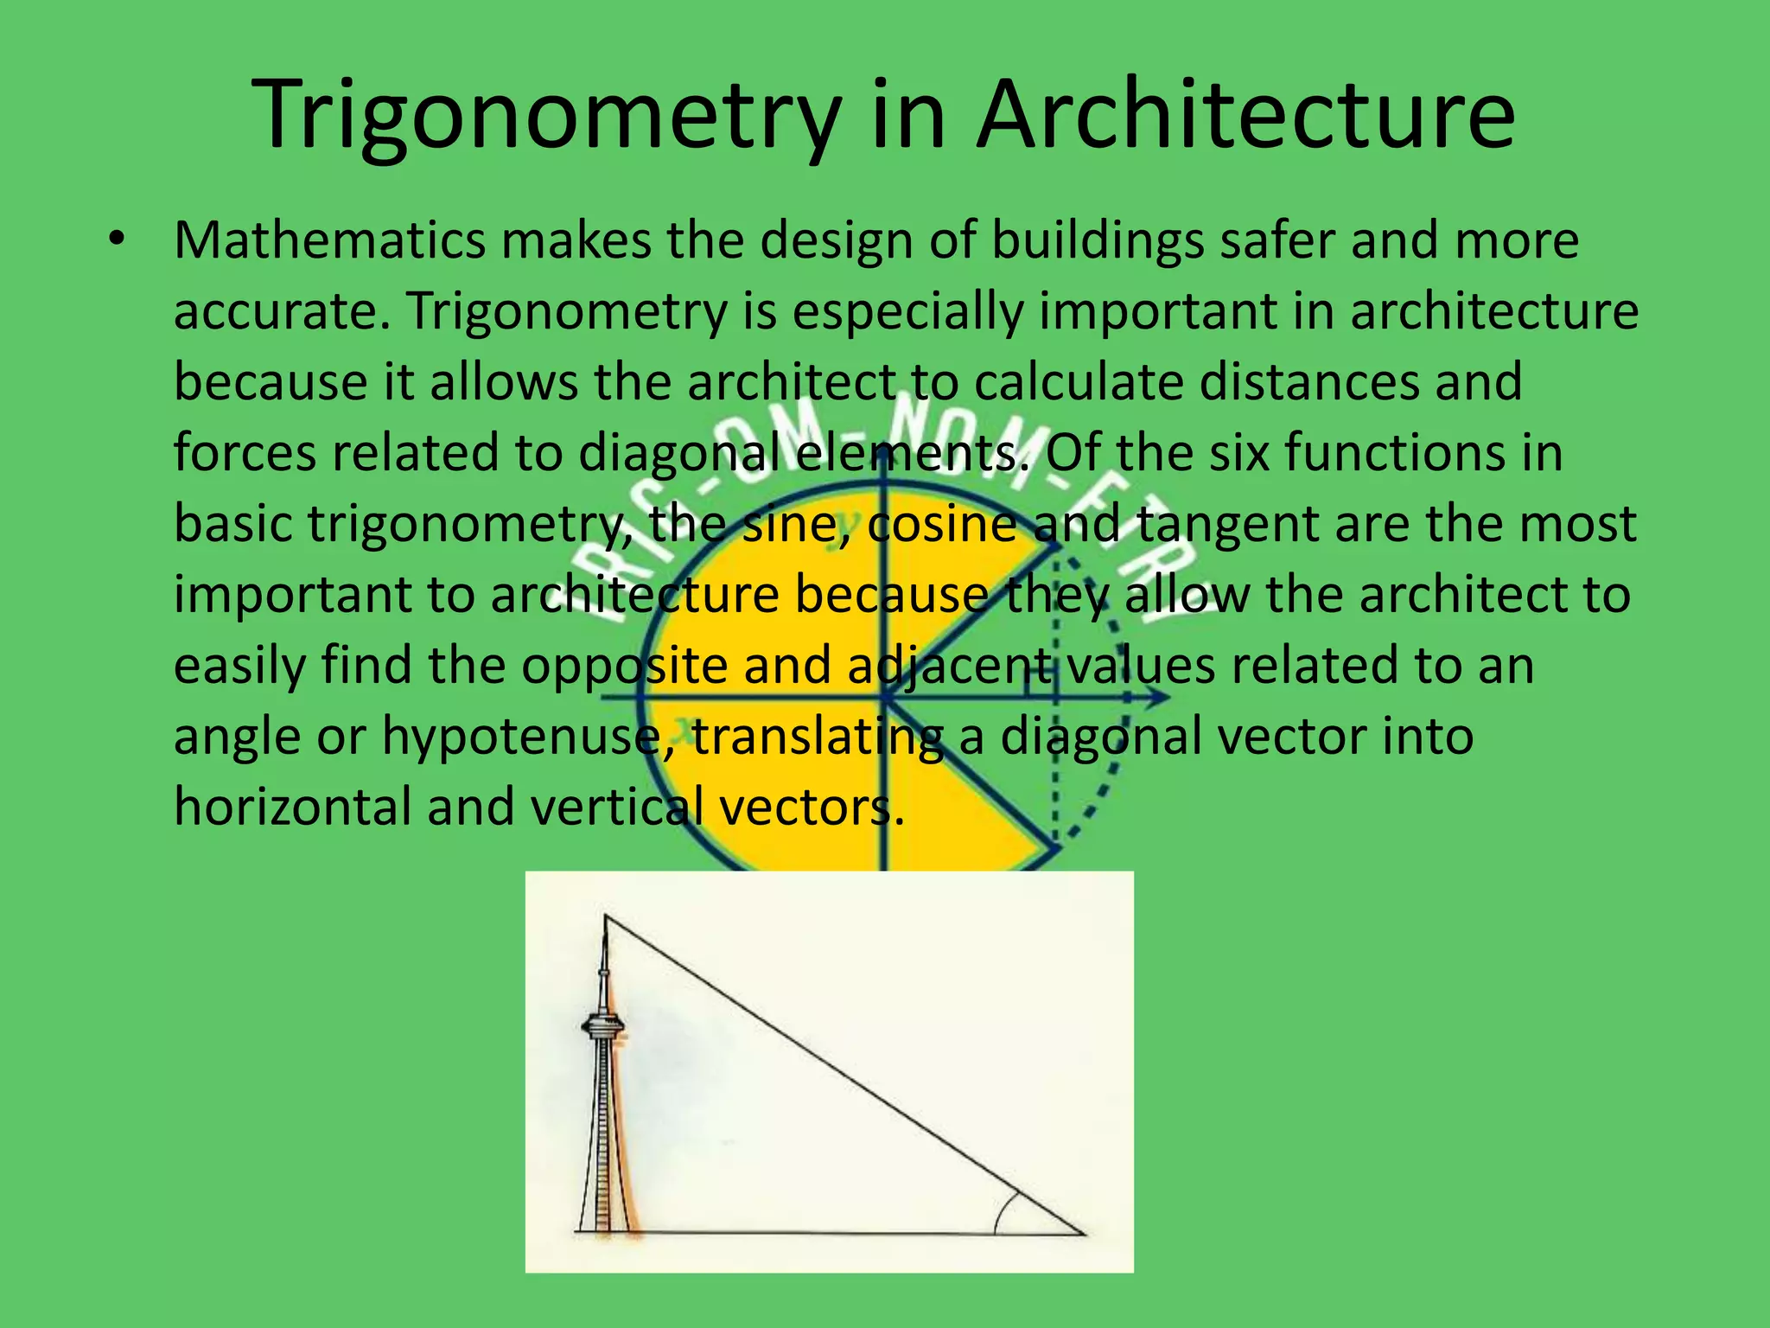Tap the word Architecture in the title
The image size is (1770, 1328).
tap(1245, 116)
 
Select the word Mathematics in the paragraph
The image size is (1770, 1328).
tap(329, 240)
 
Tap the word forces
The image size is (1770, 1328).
tap(245, 453)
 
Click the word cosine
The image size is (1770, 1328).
tap(941, 524)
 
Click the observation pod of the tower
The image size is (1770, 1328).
tap(602, 1027)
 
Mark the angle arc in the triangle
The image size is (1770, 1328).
tap(1003, 1210)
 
